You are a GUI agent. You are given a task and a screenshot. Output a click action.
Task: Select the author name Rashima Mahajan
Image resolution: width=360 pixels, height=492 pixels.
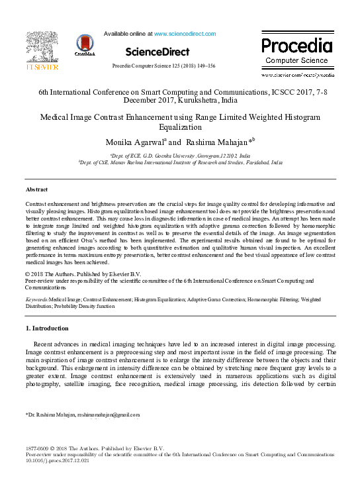(x=206, y=142)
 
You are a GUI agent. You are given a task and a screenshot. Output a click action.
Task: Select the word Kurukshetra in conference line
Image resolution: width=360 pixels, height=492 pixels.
(x=178, y=102)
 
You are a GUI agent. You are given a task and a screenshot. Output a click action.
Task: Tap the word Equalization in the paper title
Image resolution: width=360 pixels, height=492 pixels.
(x=179, y=126)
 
